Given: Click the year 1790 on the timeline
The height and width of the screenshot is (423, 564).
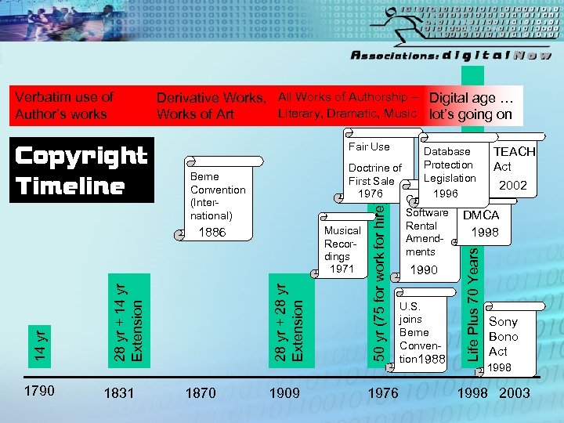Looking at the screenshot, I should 38,391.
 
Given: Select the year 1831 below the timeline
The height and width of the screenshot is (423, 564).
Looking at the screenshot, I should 119,392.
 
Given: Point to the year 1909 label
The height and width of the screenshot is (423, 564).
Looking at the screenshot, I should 284,392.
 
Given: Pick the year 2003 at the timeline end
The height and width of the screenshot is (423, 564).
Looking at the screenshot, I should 514,392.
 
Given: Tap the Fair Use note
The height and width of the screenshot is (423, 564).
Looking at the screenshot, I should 369,146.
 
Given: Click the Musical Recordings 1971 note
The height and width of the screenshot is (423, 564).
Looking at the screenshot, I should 342,249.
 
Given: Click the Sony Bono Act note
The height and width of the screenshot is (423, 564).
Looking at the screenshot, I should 503,337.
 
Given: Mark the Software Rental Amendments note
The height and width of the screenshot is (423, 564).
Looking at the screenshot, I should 427,233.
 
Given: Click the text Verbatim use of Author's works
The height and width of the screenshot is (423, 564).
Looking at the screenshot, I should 64,105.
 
